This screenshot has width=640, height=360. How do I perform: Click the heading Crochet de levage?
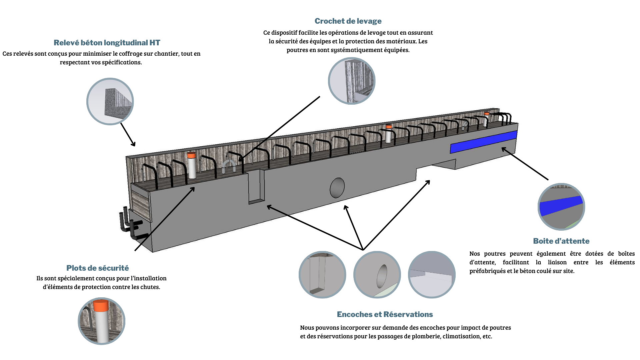click(348, 21)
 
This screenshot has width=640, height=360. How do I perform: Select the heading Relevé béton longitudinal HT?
click(107, 43)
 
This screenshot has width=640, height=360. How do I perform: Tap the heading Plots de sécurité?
click(97, 268)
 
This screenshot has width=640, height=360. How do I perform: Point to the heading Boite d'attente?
click(561, 241)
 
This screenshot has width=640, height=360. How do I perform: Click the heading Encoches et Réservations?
click(385, 314)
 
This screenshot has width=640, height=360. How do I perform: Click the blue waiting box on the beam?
click(483, 142)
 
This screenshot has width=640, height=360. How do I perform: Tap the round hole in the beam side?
click(337, 188)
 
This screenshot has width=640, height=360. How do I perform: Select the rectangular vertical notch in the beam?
click(256, 187)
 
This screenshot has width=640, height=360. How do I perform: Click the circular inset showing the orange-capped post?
click(101, 321)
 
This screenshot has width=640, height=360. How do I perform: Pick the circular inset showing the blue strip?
click(561, 207)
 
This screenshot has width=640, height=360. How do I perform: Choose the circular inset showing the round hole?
click(377, 275)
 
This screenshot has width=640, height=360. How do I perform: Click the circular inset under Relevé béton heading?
click(110, 101)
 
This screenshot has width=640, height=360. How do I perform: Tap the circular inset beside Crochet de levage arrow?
click(352, 81)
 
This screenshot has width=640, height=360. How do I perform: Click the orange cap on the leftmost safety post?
click(191, 155)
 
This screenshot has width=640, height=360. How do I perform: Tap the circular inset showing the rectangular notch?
click(322, 275)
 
